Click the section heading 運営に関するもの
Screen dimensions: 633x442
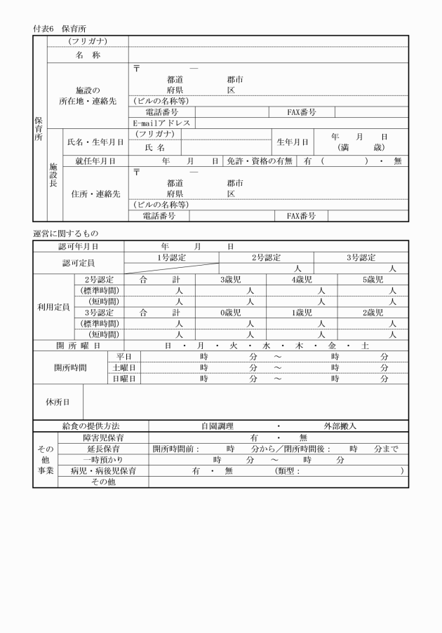[x=66, y=233]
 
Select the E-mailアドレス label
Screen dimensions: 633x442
[x=162, y=123]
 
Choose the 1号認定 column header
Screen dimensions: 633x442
[x=171, y=257]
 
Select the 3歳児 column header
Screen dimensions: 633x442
[x=231, y=279]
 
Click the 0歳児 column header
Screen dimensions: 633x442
[x=231, y=312]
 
